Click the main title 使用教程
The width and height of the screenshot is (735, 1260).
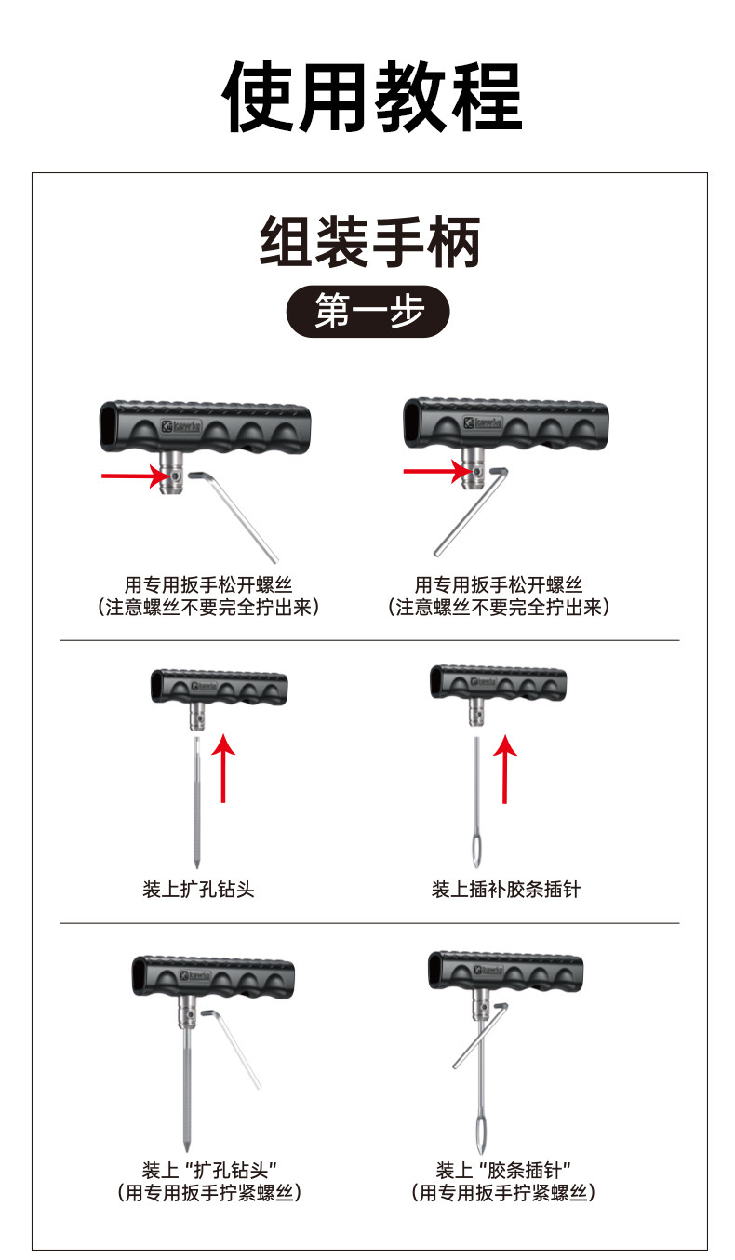tap(372, 97)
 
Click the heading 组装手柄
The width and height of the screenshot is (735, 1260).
tap(369, 242)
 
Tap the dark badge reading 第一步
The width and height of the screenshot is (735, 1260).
tap(368, 311)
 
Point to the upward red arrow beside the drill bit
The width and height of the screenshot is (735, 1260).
tap(223, 767)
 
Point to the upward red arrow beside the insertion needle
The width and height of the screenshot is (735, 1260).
tap(504, 767)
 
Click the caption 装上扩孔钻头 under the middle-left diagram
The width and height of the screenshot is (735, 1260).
tap(198, 890)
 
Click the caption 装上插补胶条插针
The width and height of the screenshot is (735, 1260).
tap(505, 890)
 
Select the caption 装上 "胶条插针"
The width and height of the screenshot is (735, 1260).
tap(503, 1170)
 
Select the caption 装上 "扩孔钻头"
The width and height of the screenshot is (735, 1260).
tap(212, 1170)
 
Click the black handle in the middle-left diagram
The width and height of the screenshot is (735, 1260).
tap(220, 687)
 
